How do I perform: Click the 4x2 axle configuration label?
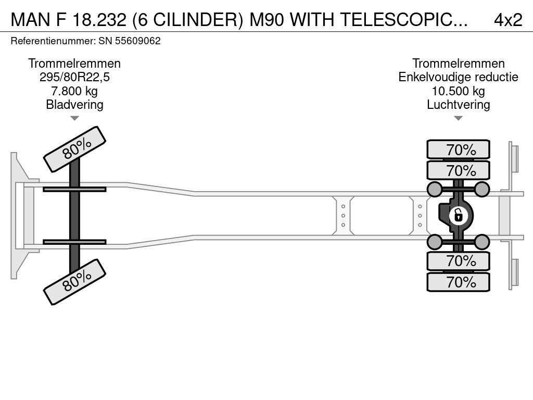pos(508,20)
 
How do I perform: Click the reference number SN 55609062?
pos(129,41)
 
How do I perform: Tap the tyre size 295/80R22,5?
pos(74,77)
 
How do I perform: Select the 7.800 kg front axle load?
pos(74,91)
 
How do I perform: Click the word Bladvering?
pos(74,105)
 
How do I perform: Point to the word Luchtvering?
pos(458,105)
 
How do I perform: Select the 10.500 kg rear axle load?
pos(458,91)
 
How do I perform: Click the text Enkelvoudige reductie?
pos(458,77)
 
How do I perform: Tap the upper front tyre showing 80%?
pos(75,149)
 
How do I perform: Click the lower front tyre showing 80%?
pos(75,282)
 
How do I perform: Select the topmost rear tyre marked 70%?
pos(458,149)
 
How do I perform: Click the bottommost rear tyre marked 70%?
pos(458,282)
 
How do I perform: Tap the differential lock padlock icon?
pos(458,216)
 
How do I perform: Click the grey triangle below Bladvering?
pos(74,118)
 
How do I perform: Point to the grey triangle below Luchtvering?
pos(458,118)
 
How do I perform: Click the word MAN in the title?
pos(31,20)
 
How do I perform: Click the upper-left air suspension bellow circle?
pos(435,189)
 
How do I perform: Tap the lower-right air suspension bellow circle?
pos(481,242)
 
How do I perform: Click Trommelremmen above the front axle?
pos(74,64)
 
